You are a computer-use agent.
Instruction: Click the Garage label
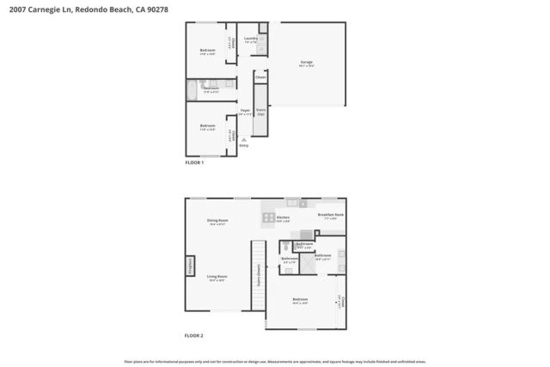click(306, 63)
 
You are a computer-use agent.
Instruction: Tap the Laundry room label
click(252, 39)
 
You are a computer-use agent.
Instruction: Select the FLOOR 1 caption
click(195, 162)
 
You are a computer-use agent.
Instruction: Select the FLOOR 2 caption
click(195, 335)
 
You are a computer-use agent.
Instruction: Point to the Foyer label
click(245, 111)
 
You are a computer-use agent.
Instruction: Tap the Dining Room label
click(217, 221)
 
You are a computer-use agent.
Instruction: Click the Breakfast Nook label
click(331, 215)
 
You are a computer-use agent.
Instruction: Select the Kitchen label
click(283, 218)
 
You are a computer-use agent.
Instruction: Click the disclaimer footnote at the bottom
click(275, 362)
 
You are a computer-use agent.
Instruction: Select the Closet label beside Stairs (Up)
click(260, 77)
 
